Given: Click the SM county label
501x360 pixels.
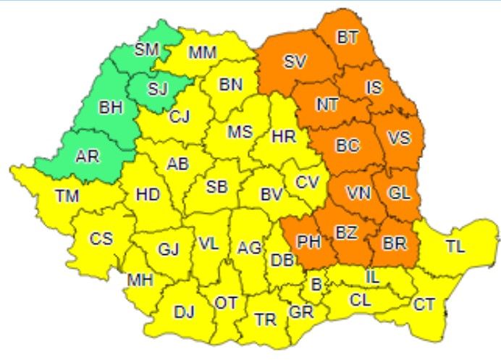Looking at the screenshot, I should tap(147, 50).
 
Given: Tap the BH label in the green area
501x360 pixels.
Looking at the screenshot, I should tap(111, 109).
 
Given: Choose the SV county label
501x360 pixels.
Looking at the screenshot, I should tap(294, 62).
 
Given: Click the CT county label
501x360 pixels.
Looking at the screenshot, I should tap(425, 304).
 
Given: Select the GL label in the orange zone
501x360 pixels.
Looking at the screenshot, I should tap(398, 193).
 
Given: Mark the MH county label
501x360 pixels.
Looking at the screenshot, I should tap(140, 280).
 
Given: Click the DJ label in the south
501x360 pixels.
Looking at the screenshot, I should tap(184, 312).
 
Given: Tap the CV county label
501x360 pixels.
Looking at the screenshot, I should tap(307, 181).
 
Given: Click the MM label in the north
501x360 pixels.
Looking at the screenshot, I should tap(202, 53).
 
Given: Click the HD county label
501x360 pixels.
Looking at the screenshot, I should tap(147, 195).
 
